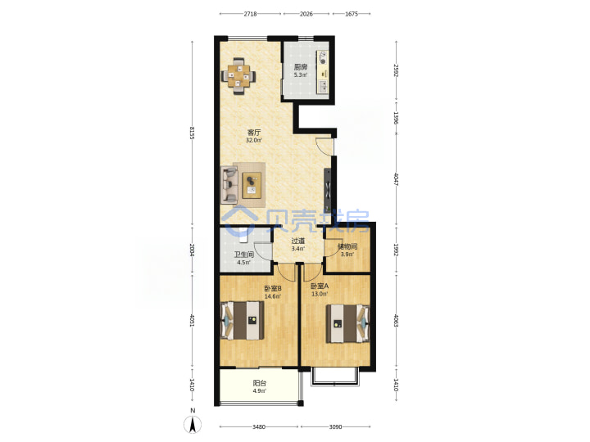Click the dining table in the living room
coord(238,76)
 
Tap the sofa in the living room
coord(229,185)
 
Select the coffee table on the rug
coord(252,185)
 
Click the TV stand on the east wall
coord(328,191)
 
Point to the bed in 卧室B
coord(242,320)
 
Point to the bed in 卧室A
coord(347,323)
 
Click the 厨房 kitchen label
coord(301,67)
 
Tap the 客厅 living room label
coord(254,133)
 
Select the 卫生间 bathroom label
coord(244,255)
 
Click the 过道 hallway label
coord(298,241)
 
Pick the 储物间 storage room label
coord(347,247)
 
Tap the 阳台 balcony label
coord(260,383)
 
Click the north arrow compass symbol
coord(193,422)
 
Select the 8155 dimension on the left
coord(192,133)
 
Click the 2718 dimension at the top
coord(250,14)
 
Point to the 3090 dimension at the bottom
coord(335,427)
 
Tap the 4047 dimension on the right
coord(396,179)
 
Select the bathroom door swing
coord(263,250)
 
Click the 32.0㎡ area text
coord(254,140)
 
